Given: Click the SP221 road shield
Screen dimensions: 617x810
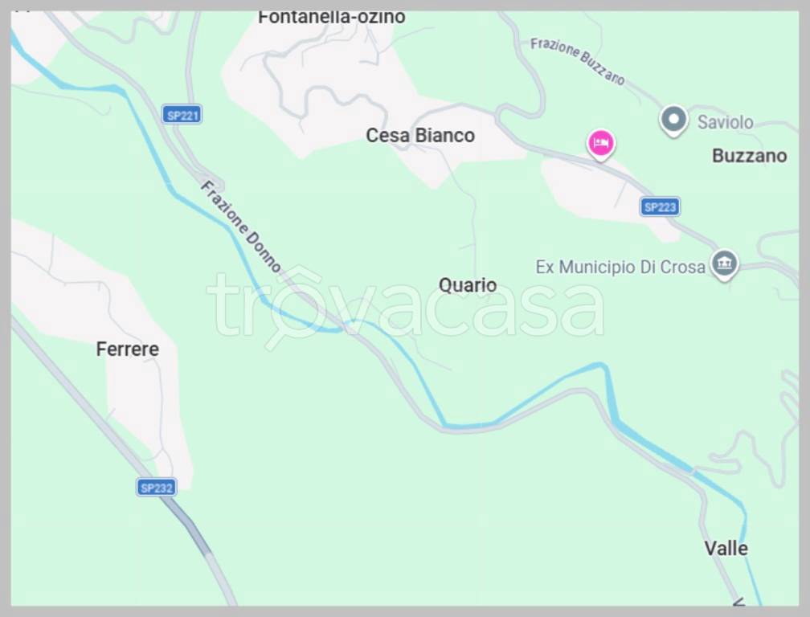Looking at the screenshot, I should click(182, 115).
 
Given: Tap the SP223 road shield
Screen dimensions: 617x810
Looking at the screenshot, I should click(660, 207).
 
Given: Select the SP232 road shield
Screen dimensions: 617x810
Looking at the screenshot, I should click(156, 487).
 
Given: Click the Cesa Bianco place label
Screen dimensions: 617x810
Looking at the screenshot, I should click(420, 136).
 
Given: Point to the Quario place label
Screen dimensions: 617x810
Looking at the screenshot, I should click(468, 285).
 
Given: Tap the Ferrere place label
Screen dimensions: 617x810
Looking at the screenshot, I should click(127, 349).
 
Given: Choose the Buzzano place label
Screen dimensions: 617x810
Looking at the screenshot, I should click(749, 156).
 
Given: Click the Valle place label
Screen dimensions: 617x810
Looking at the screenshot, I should click(726, 549).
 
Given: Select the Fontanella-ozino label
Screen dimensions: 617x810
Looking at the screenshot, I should click(331, 17).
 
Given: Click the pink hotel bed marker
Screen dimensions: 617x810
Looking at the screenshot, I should click(600, 144).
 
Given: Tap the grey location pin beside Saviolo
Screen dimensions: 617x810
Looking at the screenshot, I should click(673, 121).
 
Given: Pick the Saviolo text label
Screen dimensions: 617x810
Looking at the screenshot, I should click(725, 122).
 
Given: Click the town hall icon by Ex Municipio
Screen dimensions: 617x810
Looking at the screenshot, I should click(724, 264).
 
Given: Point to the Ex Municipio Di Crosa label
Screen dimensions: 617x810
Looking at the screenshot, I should click(620, 267).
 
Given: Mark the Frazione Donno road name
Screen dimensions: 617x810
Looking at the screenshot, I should click(241, 226).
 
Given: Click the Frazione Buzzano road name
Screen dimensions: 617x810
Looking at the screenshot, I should click(577, 60).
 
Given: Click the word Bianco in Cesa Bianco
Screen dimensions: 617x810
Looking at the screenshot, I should click(444, 136).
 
